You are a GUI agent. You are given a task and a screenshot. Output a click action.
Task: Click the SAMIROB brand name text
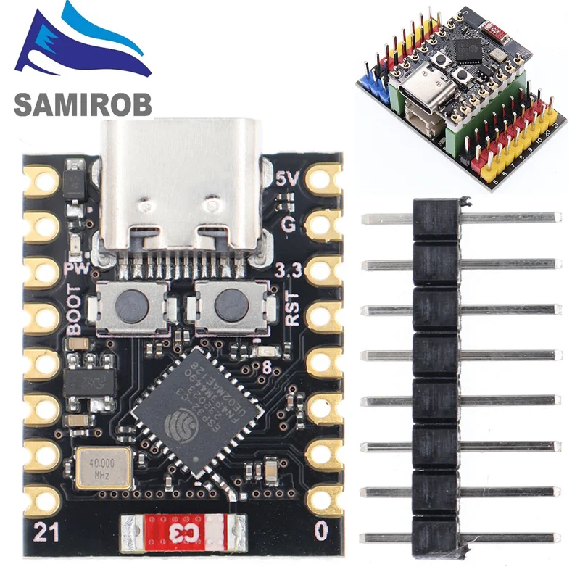[x=83, y=103]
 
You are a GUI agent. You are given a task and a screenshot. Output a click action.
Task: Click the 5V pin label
[x=286, y=178]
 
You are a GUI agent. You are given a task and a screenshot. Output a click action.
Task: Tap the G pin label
[x=288, y=224]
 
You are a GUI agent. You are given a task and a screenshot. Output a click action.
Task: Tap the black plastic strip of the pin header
[x=436, y=377]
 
